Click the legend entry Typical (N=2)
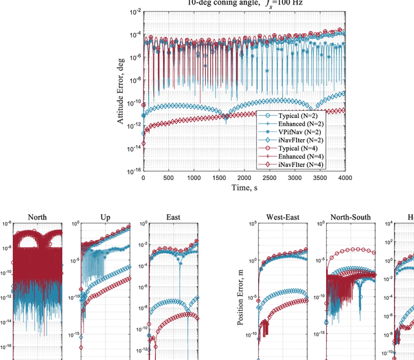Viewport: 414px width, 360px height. pos(298,115)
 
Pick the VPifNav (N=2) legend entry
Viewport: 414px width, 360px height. pos(298,131)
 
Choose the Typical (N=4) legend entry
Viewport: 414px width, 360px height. pos(298,148)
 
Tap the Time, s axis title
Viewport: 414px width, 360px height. pos(243,187)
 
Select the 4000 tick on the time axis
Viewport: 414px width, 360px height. pos(344,177)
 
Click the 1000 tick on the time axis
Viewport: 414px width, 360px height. pos(193,177)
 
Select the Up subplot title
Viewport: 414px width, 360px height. pos(105,218)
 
